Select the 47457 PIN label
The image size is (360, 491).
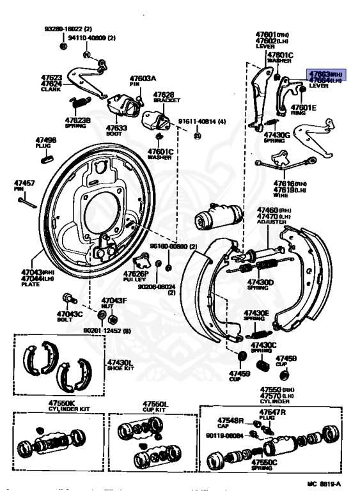pos(24,186)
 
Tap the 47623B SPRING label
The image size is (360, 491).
pos(77,121)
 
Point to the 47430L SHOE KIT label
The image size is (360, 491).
pos(119,366)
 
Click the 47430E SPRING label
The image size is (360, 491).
pos(255,315)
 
